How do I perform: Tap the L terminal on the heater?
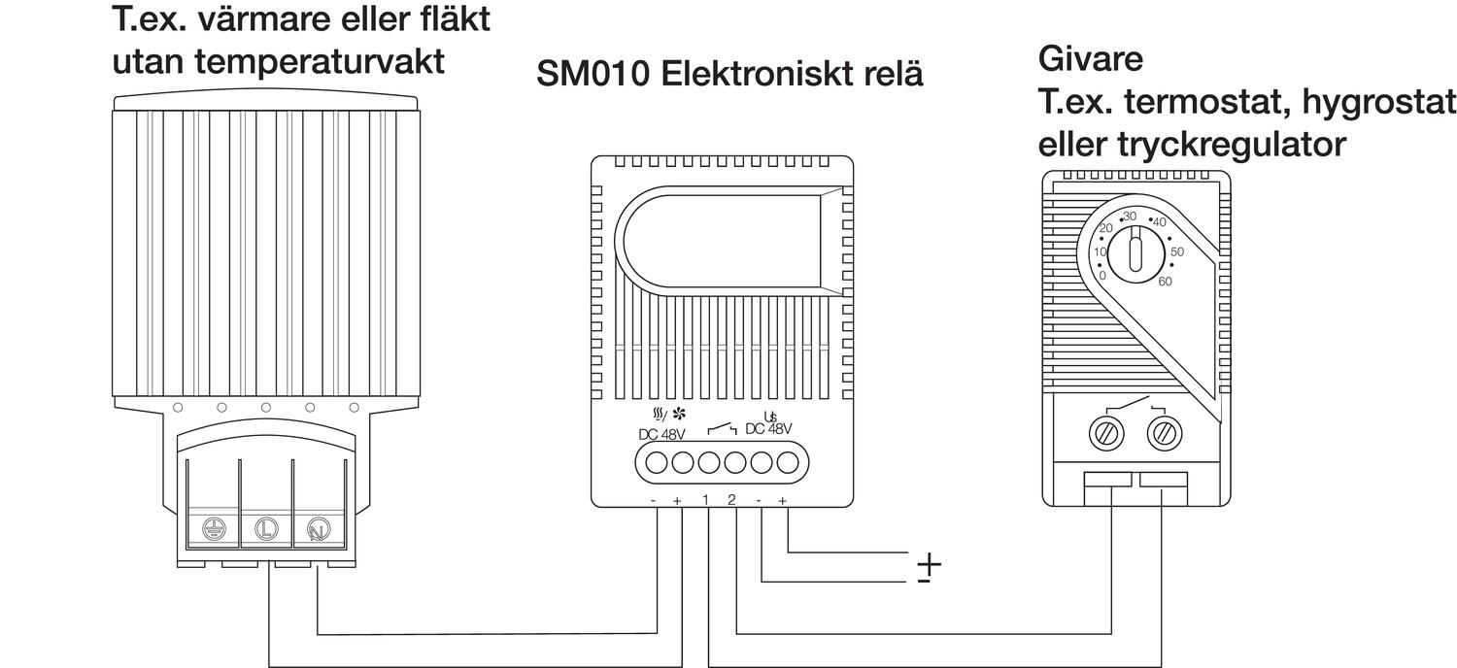click(265, 529)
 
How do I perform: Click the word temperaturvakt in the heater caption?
click(320, 61)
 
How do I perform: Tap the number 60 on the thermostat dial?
click(1166, 282)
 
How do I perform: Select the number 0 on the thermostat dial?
click(1102, 276)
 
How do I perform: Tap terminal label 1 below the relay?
click(706, 500)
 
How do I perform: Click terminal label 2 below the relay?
click(731, 500)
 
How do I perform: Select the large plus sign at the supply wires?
click(930, 562)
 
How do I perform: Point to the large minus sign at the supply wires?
click(923, 581)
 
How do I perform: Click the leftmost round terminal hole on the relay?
click(657, 462)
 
